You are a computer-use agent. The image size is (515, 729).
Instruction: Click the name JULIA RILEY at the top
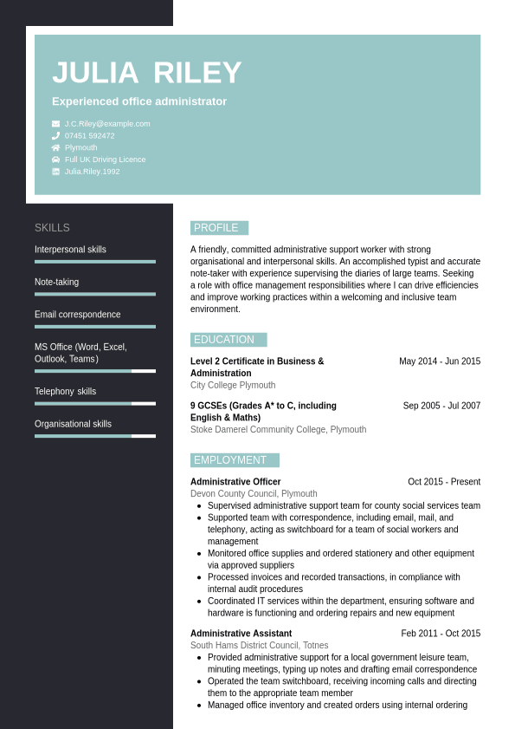[x=146, y=73]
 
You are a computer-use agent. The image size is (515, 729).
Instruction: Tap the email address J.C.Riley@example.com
[x=107, y=124]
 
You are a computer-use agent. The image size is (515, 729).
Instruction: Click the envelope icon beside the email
[x=56, y=124]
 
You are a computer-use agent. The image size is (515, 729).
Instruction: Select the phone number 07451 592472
[x=89, y=136]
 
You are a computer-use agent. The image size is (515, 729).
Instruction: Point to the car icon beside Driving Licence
[x=56, y=159]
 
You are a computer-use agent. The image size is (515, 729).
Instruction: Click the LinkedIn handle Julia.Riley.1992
[x=92, y=172]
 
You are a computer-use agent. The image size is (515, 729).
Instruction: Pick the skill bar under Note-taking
[x=95, y=294]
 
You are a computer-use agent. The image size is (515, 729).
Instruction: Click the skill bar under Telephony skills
[x=95, y=403]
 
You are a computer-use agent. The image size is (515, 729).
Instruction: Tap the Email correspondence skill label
[x=78, y=315]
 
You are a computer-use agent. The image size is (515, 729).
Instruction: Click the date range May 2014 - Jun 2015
[x=440, y=361]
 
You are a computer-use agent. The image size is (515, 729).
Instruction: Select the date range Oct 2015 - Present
[x=444, y=482]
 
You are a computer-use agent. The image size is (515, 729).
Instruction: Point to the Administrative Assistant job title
[x=241, y=634]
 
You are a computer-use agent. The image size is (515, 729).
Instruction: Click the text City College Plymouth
[x=233, y=385]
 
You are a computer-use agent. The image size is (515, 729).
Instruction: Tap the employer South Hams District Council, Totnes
[x=260, y=646]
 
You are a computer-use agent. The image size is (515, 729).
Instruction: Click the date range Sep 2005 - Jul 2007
[x=441, y=406]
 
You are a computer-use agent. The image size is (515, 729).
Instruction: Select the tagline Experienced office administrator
[x=139, y=101]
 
